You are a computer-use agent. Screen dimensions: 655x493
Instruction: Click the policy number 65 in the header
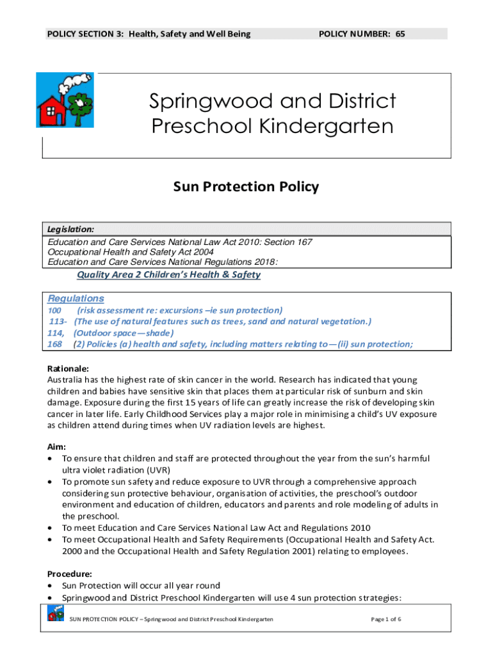point(400,33)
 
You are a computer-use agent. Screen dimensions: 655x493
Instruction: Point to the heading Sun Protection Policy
point(246,187)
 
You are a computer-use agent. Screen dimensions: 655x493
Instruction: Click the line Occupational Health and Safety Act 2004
point(131,252)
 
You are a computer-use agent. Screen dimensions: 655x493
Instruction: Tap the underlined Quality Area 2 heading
point(168,274)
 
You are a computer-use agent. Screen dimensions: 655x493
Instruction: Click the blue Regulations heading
point(76,299)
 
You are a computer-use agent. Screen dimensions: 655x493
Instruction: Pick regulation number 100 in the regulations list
point(55,310)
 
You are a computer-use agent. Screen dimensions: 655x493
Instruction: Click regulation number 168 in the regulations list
point(55,344)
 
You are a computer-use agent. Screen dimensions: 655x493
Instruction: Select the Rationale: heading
point(69,368)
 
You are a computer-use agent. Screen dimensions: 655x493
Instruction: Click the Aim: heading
point(58,447)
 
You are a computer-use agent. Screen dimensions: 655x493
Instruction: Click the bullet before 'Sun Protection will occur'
point(51,586)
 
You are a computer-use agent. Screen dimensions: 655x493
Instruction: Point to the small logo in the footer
point(55,615)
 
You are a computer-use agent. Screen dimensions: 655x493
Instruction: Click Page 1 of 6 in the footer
point(387,619)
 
